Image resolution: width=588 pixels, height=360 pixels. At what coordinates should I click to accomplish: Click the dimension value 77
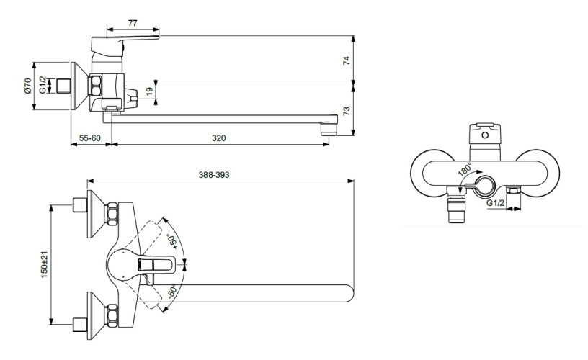(133, 23)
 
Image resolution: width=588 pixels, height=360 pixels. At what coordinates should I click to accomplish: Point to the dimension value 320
(220, 137)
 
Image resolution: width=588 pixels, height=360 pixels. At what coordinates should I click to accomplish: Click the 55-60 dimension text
(91, 137)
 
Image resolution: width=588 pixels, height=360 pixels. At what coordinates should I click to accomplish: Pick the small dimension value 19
(149, 91)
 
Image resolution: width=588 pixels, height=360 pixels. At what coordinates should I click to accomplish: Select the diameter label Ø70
(27, 87)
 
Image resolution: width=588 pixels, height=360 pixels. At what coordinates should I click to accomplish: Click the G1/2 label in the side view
(43, 85)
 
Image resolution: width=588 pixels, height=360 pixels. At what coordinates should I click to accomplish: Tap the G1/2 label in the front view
(495, 204)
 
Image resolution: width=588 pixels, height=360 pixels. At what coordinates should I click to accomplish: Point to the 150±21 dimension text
(45, 264)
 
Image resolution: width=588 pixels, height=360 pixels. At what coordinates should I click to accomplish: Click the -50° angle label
(171, 292)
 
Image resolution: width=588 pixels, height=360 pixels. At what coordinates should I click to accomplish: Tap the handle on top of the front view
(486, 134)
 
